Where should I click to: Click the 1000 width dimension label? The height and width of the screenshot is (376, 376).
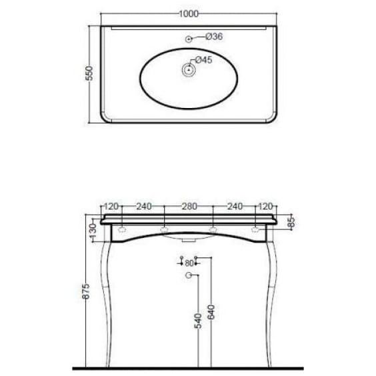tap(189, 14)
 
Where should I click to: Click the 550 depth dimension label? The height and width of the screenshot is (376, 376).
tap(89, 73)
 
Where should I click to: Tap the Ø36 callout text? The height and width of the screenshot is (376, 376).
tap(214, 37)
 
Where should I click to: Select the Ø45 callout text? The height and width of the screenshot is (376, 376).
tap(204, 60)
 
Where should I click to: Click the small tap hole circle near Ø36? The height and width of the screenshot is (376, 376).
tap(189, 39)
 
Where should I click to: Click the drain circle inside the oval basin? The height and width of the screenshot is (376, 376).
tap(189, 70)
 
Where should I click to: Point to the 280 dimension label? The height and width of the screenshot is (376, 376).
tap(189, 206)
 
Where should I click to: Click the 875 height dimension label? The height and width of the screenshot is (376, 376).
tap(86, 291)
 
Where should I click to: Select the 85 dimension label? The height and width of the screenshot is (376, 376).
tap(291, 221)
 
